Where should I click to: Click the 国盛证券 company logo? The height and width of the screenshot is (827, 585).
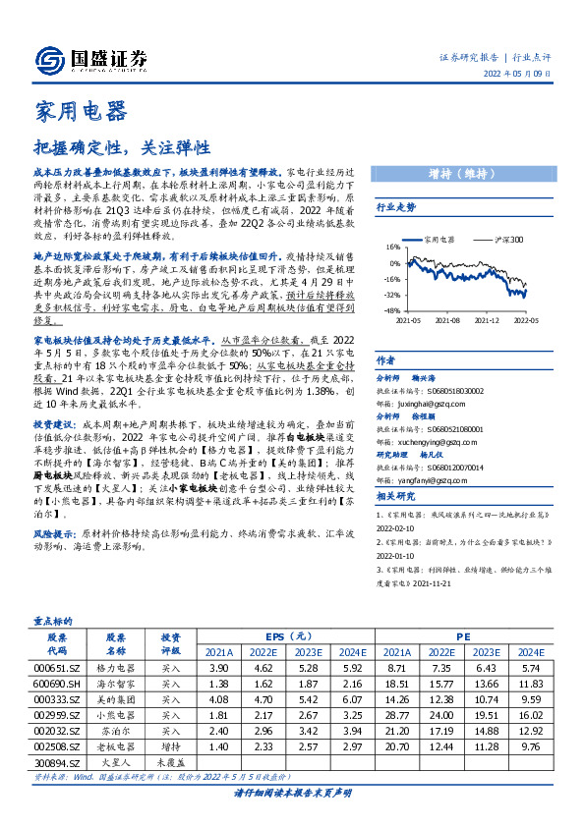(x=90, y=57)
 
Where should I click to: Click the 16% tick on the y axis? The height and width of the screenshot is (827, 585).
(x=391, y=248)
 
